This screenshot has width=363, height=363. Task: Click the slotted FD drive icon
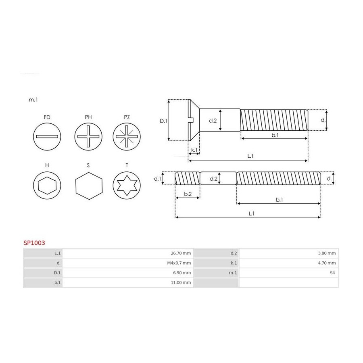click(x=47, y=137)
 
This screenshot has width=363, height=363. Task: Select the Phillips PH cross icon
click(x=88, y=137)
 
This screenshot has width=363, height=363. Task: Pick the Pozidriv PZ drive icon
click(x=127, y=137)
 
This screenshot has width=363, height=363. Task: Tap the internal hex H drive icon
click(x=47, y=186)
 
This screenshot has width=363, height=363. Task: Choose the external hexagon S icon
click(x=89, y=186)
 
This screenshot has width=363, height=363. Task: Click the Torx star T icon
click(x=127, y=186)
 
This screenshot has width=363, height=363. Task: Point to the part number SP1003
click(x=34, y=243)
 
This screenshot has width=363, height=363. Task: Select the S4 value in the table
click(x=332, y=273)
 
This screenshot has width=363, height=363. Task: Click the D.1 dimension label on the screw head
click(x=163, y=121)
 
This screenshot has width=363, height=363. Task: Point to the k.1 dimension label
click(x=194, y=150)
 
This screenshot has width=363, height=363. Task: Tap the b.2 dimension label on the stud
click(x=188, y=194)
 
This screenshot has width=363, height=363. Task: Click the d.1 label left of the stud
click(x=157, y=179)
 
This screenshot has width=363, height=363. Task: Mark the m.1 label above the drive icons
click(x=33, y=100)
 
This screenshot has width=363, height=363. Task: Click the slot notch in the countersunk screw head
click(x=191, y=120)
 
